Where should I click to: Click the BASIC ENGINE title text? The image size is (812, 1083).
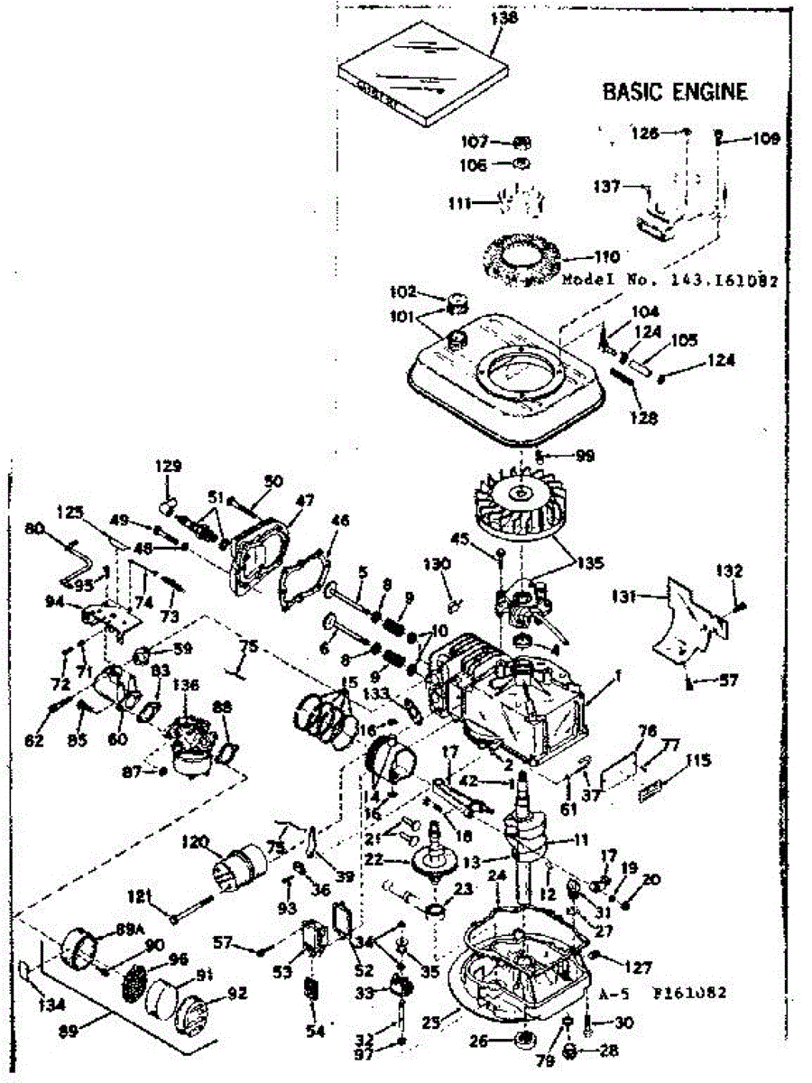click(x=675, y=91)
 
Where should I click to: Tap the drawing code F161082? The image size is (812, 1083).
click(x=690, y=993)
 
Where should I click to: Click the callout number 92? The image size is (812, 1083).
click(x=236, y=993)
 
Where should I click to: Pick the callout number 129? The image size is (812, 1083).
click(x=169, y=467)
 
